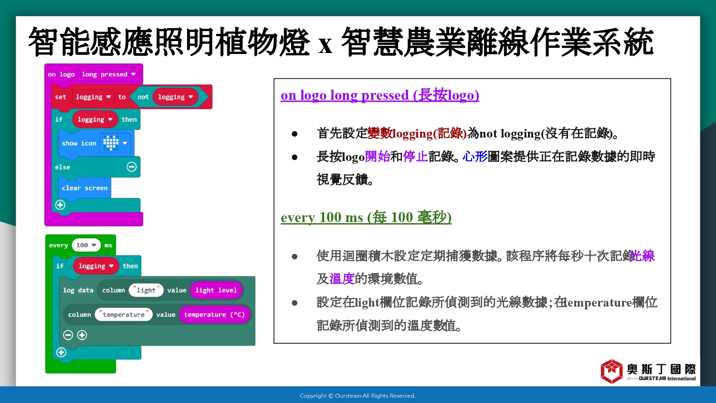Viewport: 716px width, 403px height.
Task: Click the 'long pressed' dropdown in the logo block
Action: click(109, 74)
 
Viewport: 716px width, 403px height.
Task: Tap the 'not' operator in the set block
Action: click(143, 97)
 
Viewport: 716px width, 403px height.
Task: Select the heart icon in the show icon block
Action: click(111, 143)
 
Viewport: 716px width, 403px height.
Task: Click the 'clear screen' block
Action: click(84, 188)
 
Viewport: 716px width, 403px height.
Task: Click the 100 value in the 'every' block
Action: click(86, 245)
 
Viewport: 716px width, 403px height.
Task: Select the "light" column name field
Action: click(146, 290)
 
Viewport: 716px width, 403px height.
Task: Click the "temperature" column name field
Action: click(124, 314)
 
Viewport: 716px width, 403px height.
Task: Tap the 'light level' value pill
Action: click(216, 290)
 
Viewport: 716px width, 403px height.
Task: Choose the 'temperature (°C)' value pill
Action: click(214, 314)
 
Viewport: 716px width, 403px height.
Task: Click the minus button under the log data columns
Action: click(68, 335)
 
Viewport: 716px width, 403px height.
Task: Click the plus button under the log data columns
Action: click(82, 335)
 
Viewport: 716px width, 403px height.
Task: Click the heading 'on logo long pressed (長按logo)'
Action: click(380, 95)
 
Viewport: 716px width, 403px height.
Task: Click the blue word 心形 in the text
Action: click(475, 157)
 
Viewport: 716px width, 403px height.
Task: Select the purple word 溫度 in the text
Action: click(342, 278)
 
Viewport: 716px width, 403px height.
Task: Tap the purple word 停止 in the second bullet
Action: click(415, 157)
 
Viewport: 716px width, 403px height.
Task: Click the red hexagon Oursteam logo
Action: click(611, 371)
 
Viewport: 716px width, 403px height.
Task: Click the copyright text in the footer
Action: click(358, 396)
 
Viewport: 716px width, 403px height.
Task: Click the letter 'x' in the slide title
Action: click(326, 45)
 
